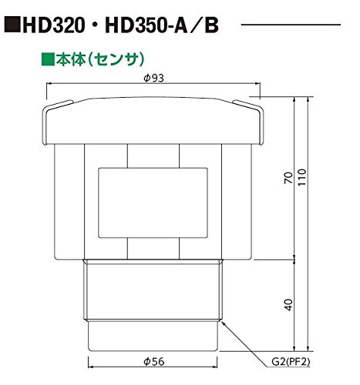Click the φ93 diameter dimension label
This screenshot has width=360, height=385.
click(153, 78)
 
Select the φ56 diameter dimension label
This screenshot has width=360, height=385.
click(153, 362)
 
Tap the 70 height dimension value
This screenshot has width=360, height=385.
click(289, 178)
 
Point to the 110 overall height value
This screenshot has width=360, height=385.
click(302, 177)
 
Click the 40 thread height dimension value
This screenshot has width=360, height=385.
click(289, 305)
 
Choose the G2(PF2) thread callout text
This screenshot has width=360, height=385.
click(291, 362)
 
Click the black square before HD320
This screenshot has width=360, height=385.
click(12, 25)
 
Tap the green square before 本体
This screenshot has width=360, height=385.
click(48, 60)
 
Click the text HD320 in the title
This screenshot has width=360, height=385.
click(54, 25)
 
